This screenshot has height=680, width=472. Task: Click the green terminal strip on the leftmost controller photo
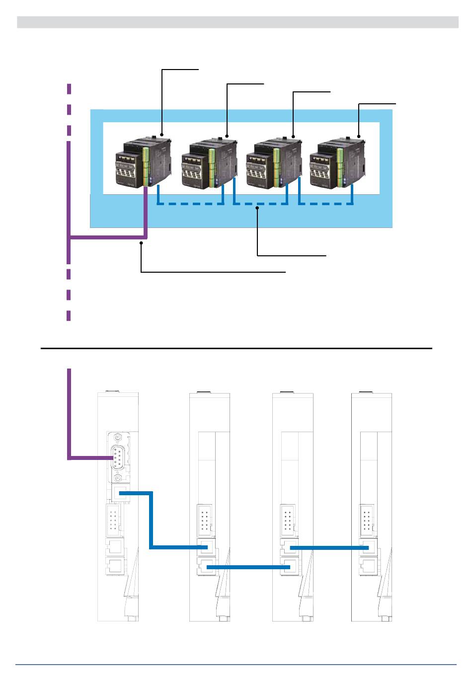(146, 161)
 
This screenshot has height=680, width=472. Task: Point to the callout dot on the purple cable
(142, 242)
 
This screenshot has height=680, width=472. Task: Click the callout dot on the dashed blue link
(257, 209)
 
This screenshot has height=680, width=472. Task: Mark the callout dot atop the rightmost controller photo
(359, 135)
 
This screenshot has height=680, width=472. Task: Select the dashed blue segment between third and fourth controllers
(325, 204)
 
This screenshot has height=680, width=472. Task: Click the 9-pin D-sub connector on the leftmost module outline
(118, 457)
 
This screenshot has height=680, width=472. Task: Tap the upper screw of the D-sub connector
(118, 438)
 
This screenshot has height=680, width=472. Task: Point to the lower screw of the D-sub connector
(118, 477)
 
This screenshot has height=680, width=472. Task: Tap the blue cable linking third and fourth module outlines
(328, 548)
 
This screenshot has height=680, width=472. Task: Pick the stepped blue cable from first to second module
(151, 522)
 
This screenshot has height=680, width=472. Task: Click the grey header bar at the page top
(237, 22)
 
